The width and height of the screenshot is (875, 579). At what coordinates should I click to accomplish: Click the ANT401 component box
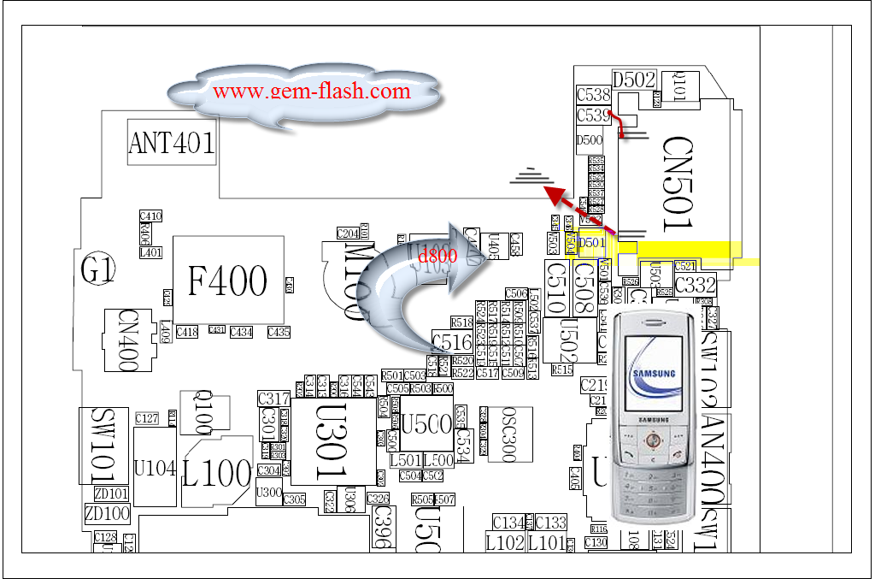[x=171, y=142]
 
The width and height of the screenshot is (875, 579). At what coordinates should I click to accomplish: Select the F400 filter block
[x=228, y=280]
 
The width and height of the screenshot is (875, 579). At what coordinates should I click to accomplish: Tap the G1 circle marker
[x=97, y=272]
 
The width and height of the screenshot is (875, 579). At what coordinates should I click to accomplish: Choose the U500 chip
[x=426, y=423]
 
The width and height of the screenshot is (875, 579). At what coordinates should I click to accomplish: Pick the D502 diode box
[x=633, y=80]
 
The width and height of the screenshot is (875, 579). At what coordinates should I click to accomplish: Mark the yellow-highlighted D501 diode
[x=592, y=243]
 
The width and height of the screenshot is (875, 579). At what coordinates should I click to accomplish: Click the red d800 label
[x=437, y=254]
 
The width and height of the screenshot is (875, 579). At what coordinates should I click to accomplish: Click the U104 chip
[x=155, y=468]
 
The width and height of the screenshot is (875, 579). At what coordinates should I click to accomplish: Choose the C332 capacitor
[x=695, y=285]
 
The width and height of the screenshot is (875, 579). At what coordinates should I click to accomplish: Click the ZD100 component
[x=107, y=514]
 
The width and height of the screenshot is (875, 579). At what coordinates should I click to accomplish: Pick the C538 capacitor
[x=593, y=96]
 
